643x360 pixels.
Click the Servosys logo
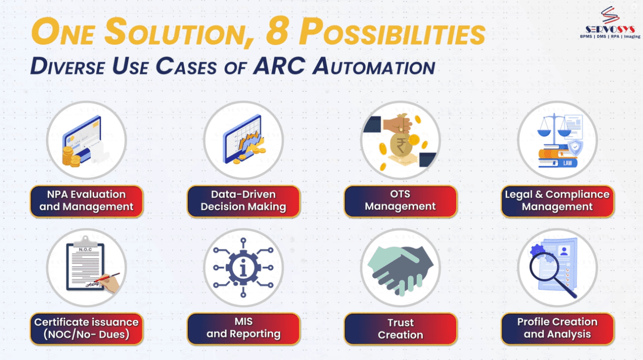click(610, 23)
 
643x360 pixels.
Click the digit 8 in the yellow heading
click(277, 31)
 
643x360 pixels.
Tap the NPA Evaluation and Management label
click(86, 201)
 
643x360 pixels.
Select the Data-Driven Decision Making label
click(243, 201)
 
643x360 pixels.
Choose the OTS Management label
click(400, 201)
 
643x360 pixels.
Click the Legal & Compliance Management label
click(558, 201)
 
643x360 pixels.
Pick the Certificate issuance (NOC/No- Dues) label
click(86, 329)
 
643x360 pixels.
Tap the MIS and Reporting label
click(243, 329)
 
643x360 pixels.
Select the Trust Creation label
click(400, 329)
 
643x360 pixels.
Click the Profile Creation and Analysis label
click(558, 329)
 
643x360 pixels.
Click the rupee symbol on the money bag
click(401, 145)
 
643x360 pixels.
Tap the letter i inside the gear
click(243, 267)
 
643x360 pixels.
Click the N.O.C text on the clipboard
click(85, 249)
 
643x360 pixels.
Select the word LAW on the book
click(567, 163)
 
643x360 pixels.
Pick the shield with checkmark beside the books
click(575, 148)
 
